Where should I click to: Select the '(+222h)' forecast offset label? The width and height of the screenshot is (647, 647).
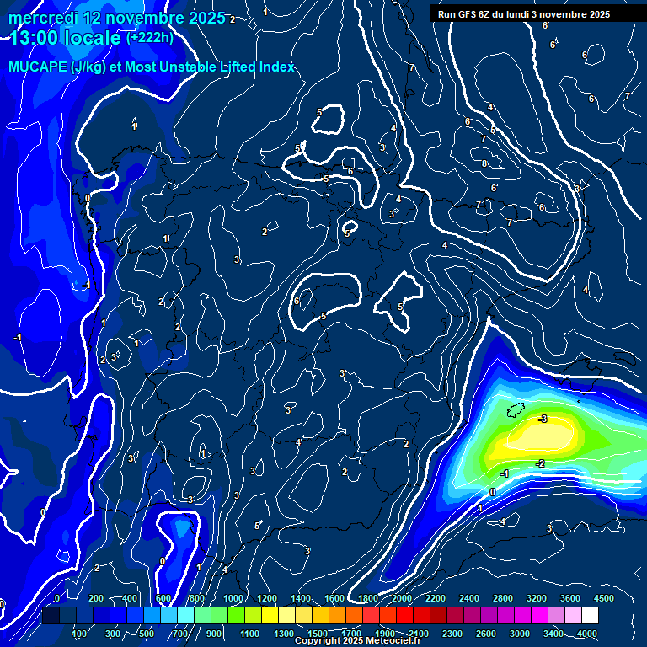tap(149, 37)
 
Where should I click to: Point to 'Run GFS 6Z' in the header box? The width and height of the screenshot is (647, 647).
tap(473, 14)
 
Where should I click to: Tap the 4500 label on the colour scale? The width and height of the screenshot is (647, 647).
tap(604, 598)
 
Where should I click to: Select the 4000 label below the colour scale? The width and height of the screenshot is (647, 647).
tap(587, 634)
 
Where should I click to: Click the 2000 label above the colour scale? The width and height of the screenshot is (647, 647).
tap(402, 598)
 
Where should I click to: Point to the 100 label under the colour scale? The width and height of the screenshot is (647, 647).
tap(80, 634)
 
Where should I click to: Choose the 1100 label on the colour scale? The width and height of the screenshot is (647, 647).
tap(250, 634)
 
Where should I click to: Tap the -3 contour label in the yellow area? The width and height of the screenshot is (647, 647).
tap(543, 419)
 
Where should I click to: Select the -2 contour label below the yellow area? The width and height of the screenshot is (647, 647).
tap(540, 463)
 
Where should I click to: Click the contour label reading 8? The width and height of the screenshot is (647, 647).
tap(484, 163)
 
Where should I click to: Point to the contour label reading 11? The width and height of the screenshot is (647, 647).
tap(167, 239)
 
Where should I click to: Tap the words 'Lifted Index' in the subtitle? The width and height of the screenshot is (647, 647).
tap(256, 67)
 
